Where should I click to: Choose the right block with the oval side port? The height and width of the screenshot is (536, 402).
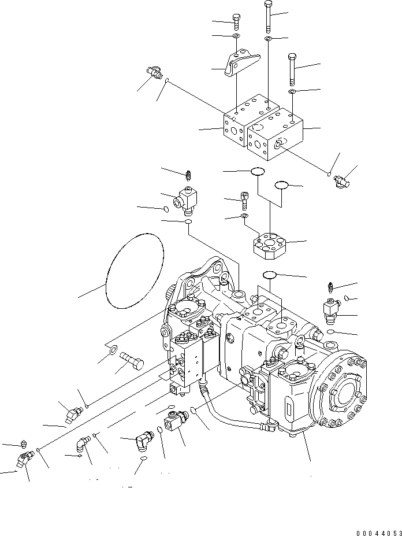(274, 136)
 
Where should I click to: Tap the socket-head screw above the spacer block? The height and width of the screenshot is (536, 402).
(245, 201)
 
